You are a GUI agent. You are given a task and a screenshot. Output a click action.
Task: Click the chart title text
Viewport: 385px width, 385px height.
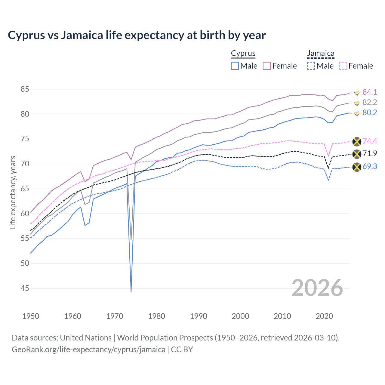(137, 35)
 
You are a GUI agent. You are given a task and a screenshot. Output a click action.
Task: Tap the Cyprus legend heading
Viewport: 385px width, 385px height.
(243, 54)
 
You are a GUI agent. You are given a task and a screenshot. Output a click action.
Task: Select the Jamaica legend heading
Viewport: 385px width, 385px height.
(321, 54)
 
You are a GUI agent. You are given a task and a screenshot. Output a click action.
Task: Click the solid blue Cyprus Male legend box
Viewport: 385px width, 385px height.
(235, 66)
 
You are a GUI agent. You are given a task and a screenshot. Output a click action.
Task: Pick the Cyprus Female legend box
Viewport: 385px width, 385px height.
(267, 66)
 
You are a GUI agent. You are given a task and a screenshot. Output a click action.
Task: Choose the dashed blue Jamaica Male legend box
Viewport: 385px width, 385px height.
(311, 66)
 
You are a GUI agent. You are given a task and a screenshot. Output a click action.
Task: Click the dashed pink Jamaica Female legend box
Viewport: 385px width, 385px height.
(343, 66)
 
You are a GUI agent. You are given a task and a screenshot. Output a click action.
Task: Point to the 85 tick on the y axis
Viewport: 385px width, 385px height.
(25, 89)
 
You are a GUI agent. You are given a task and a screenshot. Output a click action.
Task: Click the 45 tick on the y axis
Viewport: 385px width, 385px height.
(25, 288)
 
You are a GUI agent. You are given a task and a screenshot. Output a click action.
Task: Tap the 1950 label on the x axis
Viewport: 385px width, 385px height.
(31, 316)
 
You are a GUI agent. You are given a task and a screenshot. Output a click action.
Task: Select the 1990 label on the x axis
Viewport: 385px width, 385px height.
(199, 316)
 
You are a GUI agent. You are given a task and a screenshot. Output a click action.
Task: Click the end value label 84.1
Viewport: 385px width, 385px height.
(370, 92)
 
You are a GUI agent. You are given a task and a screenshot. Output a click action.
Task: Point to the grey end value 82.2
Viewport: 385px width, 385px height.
(370, 102)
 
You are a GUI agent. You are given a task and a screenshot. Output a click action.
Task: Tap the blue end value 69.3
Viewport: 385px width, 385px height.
(370, 166)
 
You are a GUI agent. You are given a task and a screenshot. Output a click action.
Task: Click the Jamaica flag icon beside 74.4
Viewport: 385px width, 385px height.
(356, 141)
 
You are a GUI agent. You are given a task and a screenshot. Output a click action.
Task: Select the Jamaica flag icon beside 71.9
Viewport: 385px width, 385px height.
(356, 154)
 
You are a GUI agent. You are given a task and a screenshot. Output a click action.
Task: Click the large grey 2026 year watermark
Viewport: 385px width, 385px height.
(317, 288)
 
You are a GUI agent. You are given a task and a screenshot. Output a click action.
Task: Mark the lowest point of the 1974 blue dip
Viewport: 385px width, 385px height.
(131, 291)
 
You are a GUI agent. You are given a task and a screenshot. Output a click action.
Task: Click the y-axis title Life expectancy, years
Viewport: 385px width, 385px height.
(13, 192)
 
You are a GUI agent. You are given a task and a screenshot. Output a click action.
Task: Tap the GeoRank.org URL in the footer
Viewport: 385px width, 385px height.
(88, 350)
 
